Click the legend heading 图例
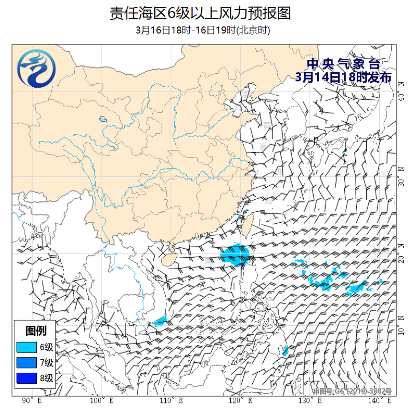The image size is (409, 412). tap(36, 331)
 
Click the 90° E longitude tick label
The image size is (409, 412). tap(32, 401)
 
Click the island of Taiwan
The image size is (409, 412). tap(248, 224)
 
